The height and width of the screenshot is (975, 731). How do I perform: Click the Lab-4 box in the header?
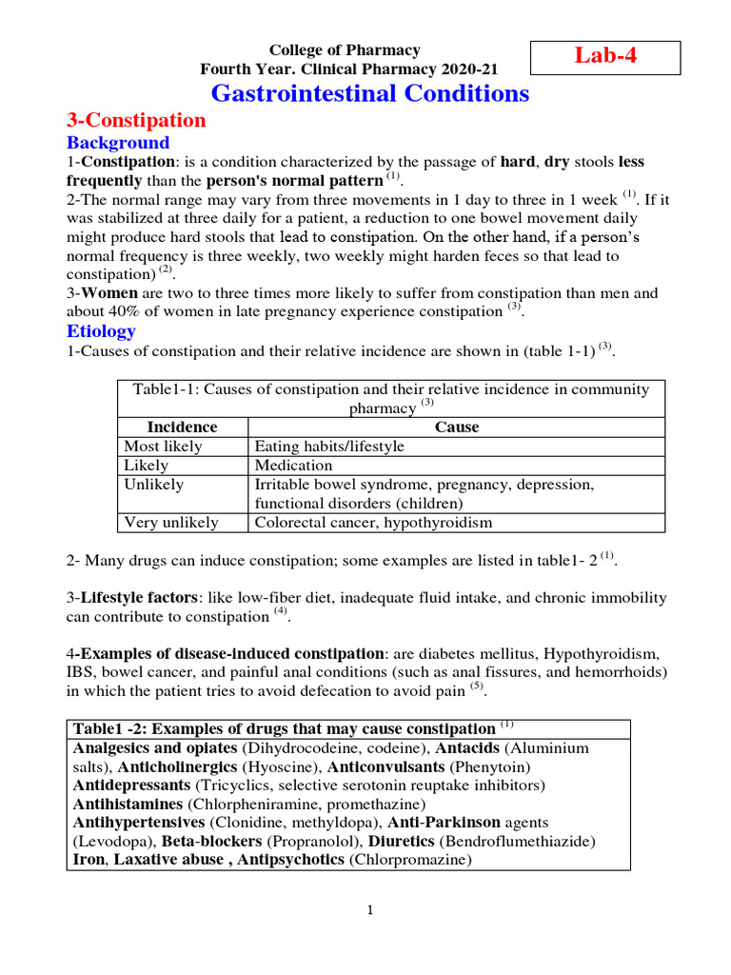click(x=604, y=56)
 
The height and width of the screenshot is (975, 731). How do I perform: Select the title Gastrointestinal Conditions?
click(x=369, y=93)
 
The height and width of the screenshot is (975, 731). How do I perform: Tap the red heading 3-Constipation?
click(x=135, y=120)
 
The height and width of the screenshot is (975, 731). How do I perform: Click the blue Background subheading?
click(x=117, y=143)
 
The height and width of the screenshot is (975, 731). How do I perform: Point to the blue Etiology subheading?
click(x=101, y=331)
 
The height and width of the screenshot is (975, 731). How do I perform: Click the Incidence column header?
click(x=182, y=428)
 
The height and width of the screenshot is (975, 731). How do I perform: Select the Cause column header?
click(x=456, y=428)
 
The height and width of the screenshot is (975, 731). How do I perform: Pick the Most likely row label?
click(x=163, y=447)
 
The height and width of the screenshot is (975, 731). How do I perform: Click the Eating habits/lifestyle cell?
click(x=329, y=447)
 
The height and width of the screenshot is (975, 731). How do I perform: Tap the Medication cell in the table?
click(x=294, y=466)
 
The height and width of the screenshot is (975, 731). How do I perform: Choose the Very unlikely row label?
click(x=171, y=523)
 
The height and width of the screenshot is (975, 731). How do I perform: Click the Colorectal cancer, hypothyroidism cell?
click(x=373, y=523)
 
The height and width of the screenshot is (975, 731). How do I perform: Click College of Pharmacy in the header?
click(x=345, y=50)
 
